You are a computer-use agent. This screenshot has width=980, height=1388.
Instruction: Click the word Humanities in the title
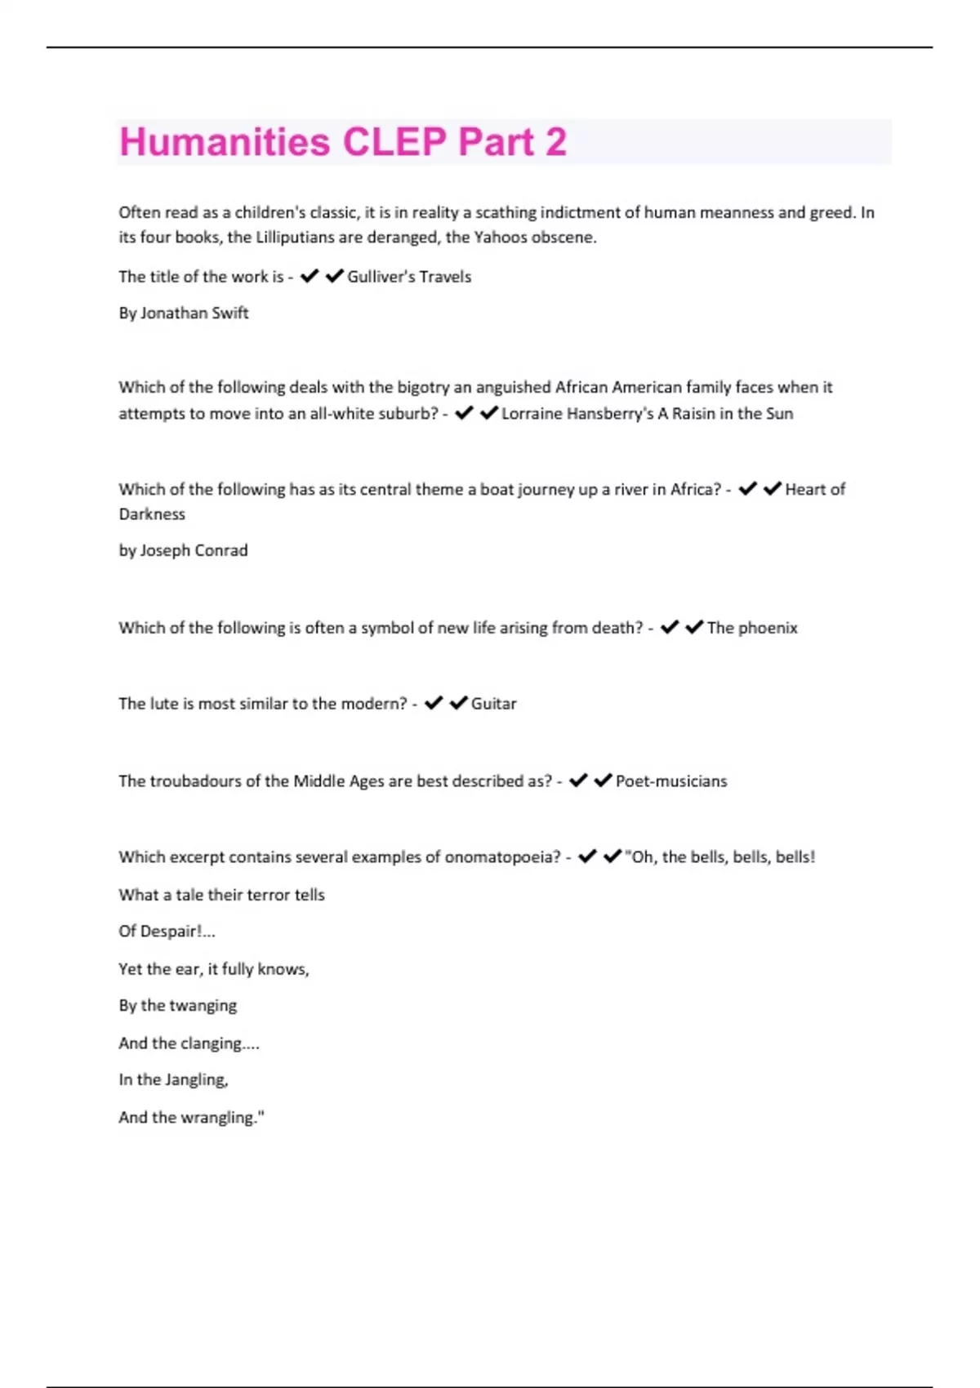tap(225, 142)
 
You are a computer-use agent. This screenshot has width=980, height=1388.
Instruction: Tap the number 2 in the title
tap(555, 142)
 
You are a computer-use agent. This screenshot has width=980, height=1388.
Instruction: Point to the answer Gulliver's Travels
tap(409, 277)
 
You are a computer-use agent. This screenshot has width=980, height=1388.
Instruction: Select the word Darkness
tap(152, 514)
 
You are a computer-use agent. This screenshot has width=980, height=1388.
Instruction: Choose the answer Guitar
tap(494, 704)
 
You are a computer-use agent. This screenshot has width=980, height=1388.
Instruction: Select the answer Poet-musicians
tap(671, 781)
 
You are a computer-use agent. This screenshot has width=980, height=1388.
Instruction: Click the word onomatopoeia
tap(502, 857)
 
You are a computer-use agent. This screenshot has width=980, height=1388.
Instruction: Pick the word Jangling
tap(196, 1080)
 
